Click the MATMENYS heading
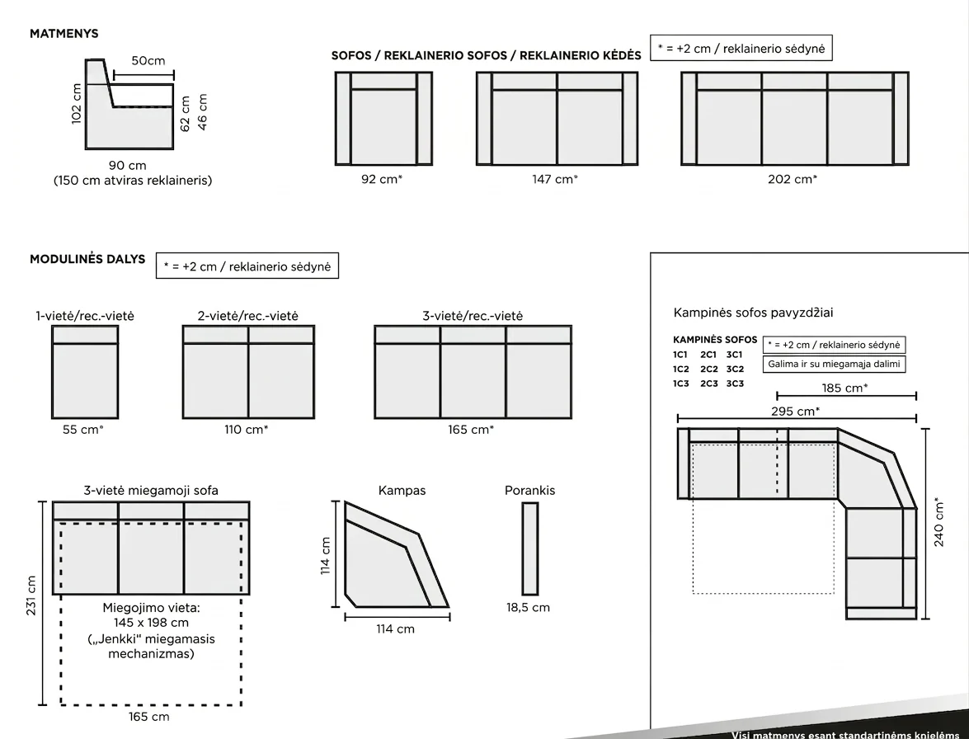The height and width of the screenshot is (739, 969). (64, 33)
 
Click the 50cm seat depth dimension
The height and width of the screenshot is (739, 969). (148, 60)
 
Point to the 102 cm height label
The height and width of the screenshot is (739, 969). (77, 104)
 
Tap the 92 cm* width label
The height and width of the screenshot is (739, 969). (382, 179)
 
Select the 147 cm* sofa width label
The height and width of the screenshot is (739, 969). (555, 179)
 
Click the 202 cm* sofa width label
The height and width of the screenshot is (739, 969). (793, 179)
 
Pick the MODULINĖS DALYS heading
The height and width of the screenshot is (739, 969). (87, 259)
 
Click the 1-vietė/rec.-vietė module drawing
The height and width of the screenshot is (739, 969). (85, 372)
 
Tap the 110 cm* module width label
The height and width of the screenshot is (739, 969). (247, 430)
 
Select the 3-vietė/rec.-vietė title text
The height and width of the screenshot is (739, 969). (473, 316)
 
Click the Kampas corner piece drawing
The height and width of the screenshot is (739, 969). (396, 554)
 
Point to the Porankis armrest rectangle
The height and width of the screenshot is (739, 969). (530, 548)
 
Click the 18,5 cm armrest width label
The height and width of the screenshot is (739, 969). (529, 607)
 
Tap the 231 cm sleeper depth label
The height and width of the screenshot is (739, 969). (31, 595)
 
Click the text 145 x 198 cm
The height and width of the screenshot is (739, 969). (152, 623)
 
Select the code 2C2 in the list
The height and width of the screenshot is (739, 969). (709, 369)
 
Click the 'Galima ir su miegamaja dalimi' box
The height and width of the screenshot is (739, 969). (834, 364)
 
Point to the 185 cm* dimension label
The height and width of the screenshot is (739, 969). (844, 388)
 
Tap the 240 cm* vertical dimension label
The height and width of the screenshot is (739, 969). (939, 522)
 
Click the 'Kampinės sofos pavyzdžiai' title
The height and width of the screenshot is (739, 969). (753, 313)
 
